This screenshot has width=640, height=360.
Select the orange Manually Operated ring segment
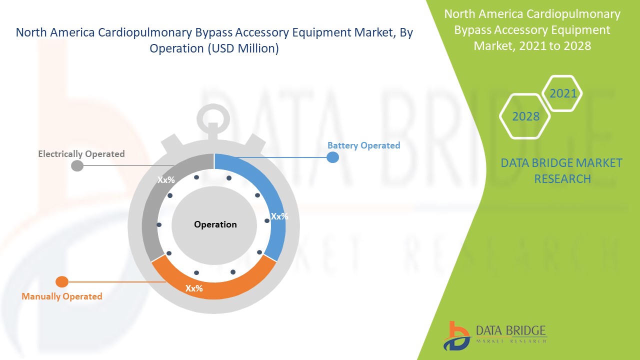tap(213, 288)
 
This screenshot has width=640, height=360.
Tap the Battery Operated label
tap(363, 145)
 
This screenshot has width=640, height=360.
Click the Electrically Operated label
tap(81, 154)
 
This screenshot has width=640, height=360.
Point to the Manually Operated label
tap(62, 296)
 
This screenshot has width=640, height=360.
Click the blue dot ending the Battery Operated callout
tap(332, 157)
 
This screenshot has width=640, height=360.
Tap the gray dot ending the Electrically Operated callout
tap(77, 165)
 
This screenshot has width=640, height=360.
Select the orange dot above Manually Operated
tap(62, 282)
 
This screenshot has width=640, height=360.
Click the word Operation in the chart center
tap(215, 224)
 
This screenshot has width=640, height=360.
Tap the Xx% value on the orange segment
tap(194, 288)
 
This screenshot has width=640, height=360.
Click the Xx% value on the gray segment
tap(166, 179)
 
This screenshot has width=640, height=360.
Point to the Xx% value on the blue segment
tap(279, 216)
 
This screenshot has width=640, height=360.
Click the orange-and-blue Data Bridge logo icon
tap(456, 336)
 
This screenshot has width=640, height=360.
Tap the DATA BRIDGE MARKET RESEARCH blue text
tap(561, 171)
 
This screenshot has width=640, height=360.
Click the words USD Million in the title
tap(242, 48)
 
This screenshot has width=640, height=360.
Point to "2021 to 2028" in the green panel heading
tap(555, 45)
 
